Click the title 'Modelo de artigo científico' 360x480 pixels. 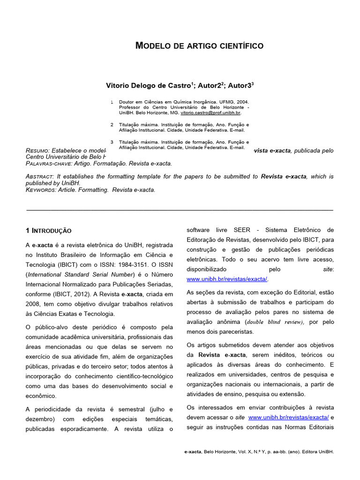click(199, 46)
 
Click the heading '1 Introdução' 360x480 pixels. click(49, 231)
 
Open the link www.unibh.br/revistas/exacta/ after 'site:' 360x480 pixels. click(227, 279)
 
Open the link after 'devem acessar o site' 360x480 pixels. click(289, 417)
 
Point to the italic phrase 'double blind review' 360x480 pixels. click(275, 322)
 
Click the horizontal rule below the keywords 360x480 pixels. click(180, 209)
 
